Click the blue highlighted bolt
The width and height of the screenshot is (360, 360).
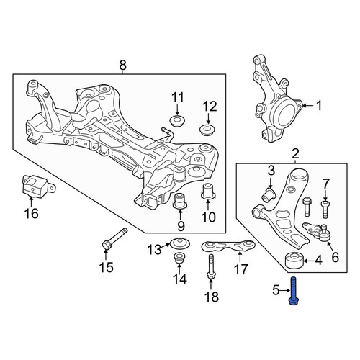point(294,291)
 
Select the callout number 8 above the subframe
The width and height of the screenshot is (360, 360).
point(122,65)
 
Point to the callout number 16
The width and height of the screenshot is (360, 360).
point(32,213)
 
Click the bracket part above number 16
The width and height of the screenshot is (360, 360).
point(37,186)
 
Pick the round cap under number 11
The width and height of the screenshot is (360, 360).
point(177,120)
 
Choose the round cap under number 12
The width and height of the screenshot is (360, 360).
point(208,129)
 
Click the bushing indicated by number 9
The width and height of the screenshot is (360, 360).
point(180,200)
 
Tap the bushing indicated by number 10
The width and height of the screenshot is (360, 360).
point(208,192)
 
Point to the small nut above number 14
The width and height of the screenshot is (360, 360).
point(179,258)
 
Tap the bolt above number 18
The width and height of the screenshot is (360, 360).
point(211,267)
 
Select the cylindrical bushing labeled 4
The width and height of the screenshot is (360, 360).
point(294,261)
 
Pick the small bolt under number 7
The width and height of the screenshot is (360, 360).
point(325,210)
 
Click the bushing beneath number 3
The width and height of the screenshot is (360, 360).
point(269,195)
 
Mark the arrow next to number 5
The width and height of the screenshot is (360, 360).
point(285,291)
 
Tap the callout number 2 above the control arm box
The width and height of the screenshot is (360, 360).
point(295,154)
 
